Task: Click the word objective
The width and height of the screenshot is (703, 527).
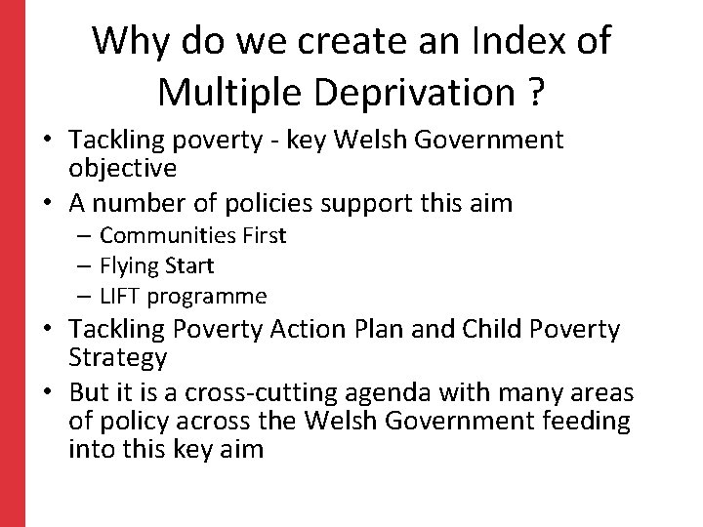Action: pos(122,168)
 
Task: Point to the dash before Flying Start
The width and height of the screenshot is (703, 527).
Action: pos(85,265)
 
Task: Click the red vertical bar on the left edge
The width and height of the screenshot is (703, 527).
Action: pos(12,263)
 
